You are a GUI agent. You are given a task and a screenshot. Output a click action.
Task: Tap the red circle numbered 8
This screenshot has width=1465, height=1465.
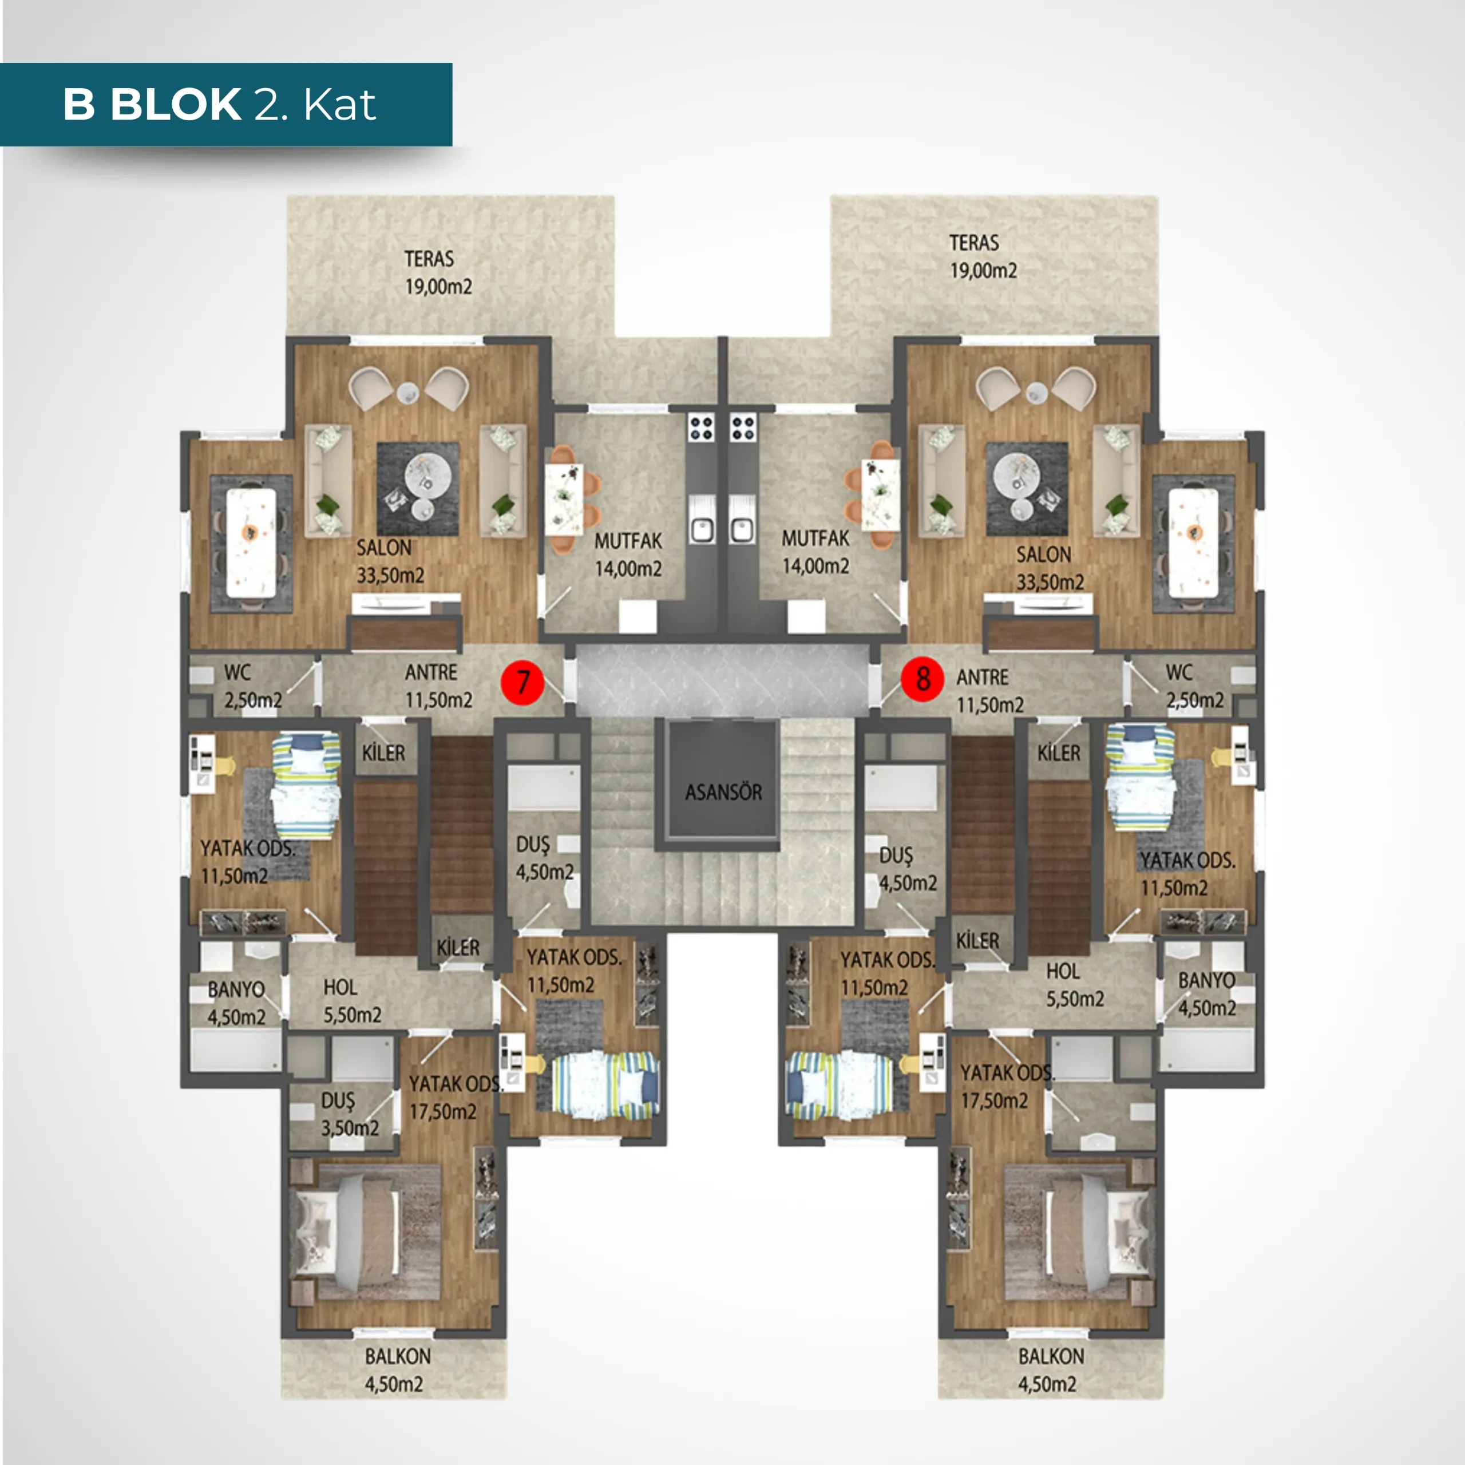922,679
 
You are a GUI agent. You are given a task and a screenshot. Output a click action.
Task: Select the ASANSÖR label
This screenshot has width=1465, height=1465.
723,793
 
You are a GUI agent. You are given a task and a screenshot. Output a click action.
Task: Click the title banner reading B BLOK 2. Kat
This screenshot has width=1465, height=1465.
226,105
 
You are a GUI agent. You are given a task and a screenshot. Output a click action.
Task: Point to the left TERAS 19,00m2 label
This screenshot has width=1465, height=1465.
438,273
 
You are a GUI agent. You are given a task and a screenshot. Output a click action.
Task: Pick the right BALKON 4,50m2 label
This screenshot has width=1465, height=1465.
1050,1370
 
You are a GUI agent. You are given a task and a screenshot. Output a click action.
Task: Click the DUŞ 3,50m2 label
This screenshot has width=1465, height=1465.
349,1114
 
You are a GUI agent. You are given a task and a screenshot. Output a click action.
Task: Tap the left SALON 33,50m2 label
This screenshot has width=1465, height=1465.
390,562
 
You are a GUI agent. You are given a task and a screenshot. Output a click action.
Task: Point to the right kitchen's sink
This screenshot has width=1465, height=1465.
742,520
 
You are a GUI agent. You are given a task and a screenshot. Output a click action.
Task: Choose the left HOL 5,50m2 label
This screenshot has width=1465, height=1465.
352,1001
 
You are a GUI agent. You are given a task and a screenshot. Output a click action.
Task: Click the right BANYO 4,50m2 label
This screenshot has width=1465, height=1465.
1206,994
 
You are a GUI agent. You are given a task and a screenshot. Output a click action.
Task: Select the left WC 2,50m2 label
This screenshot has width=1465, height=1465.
252,686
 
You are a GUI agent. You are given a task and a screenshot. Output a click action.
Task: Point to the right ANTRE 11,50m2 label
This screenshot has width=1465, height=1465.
989,691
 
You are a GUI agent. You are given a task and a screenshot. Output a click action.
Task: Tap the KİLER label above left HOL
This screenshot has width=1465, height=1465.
458,947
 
